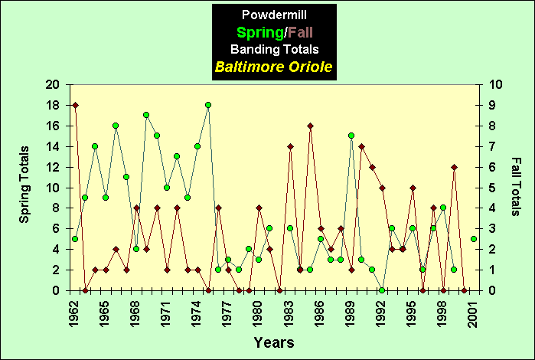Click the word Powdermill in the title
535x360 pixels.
click(273, 15)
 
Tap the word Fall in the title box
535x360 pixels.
click(297, 32)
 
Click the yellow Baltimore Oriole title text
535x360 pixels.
click(273, 67)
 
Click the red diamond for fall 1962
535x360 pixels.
click(75, 105)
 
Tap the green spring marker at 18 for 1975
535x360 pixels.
click(207, 105)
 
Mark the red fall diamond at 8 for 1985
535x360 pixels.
click(310, 126)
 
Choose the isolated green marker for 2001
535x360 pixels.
click(474, 239)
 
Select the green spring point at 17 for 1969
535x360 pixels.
click(146, 115)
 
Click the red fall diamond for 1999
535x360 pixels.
click(454, 167)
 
